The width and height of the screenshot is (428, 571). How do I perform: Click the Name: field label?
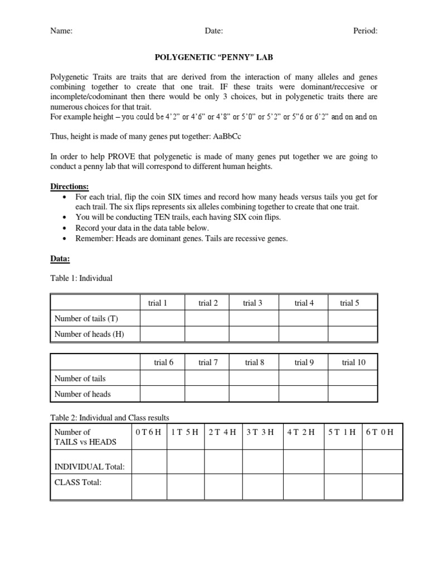point(61,31)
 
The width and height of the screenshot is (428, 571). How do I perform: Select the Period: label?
point(365,31)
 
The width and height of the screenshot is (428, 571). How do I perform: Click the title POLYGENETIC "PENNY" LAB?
point(213,57)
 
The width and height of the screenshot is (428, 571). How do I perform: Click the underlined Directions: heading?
point(70,186)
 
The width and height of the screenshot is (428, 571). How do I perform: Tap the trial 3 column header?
point(253,303)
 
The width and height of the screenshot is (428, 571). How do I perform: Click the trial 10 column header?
point(353,362)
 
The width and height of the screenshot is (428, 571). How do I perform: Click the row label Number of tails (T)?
point(86,318)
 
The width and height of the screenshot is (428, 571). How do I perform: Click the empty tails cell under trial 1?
point(162,318)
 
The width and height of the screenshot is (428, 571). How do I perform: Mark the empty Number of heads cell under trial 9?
point(304,394)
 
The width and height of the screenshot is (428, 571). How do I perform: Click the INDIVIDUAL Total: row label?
point(89,466)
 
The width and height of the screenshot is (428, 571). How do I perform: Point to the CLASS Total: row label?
point(78,482)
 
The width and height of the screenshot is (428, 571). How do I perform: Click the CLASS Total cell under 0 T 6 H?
point(149,486)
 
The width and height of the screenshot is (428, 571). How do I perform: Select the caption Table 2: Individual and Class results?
point(110,417)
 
